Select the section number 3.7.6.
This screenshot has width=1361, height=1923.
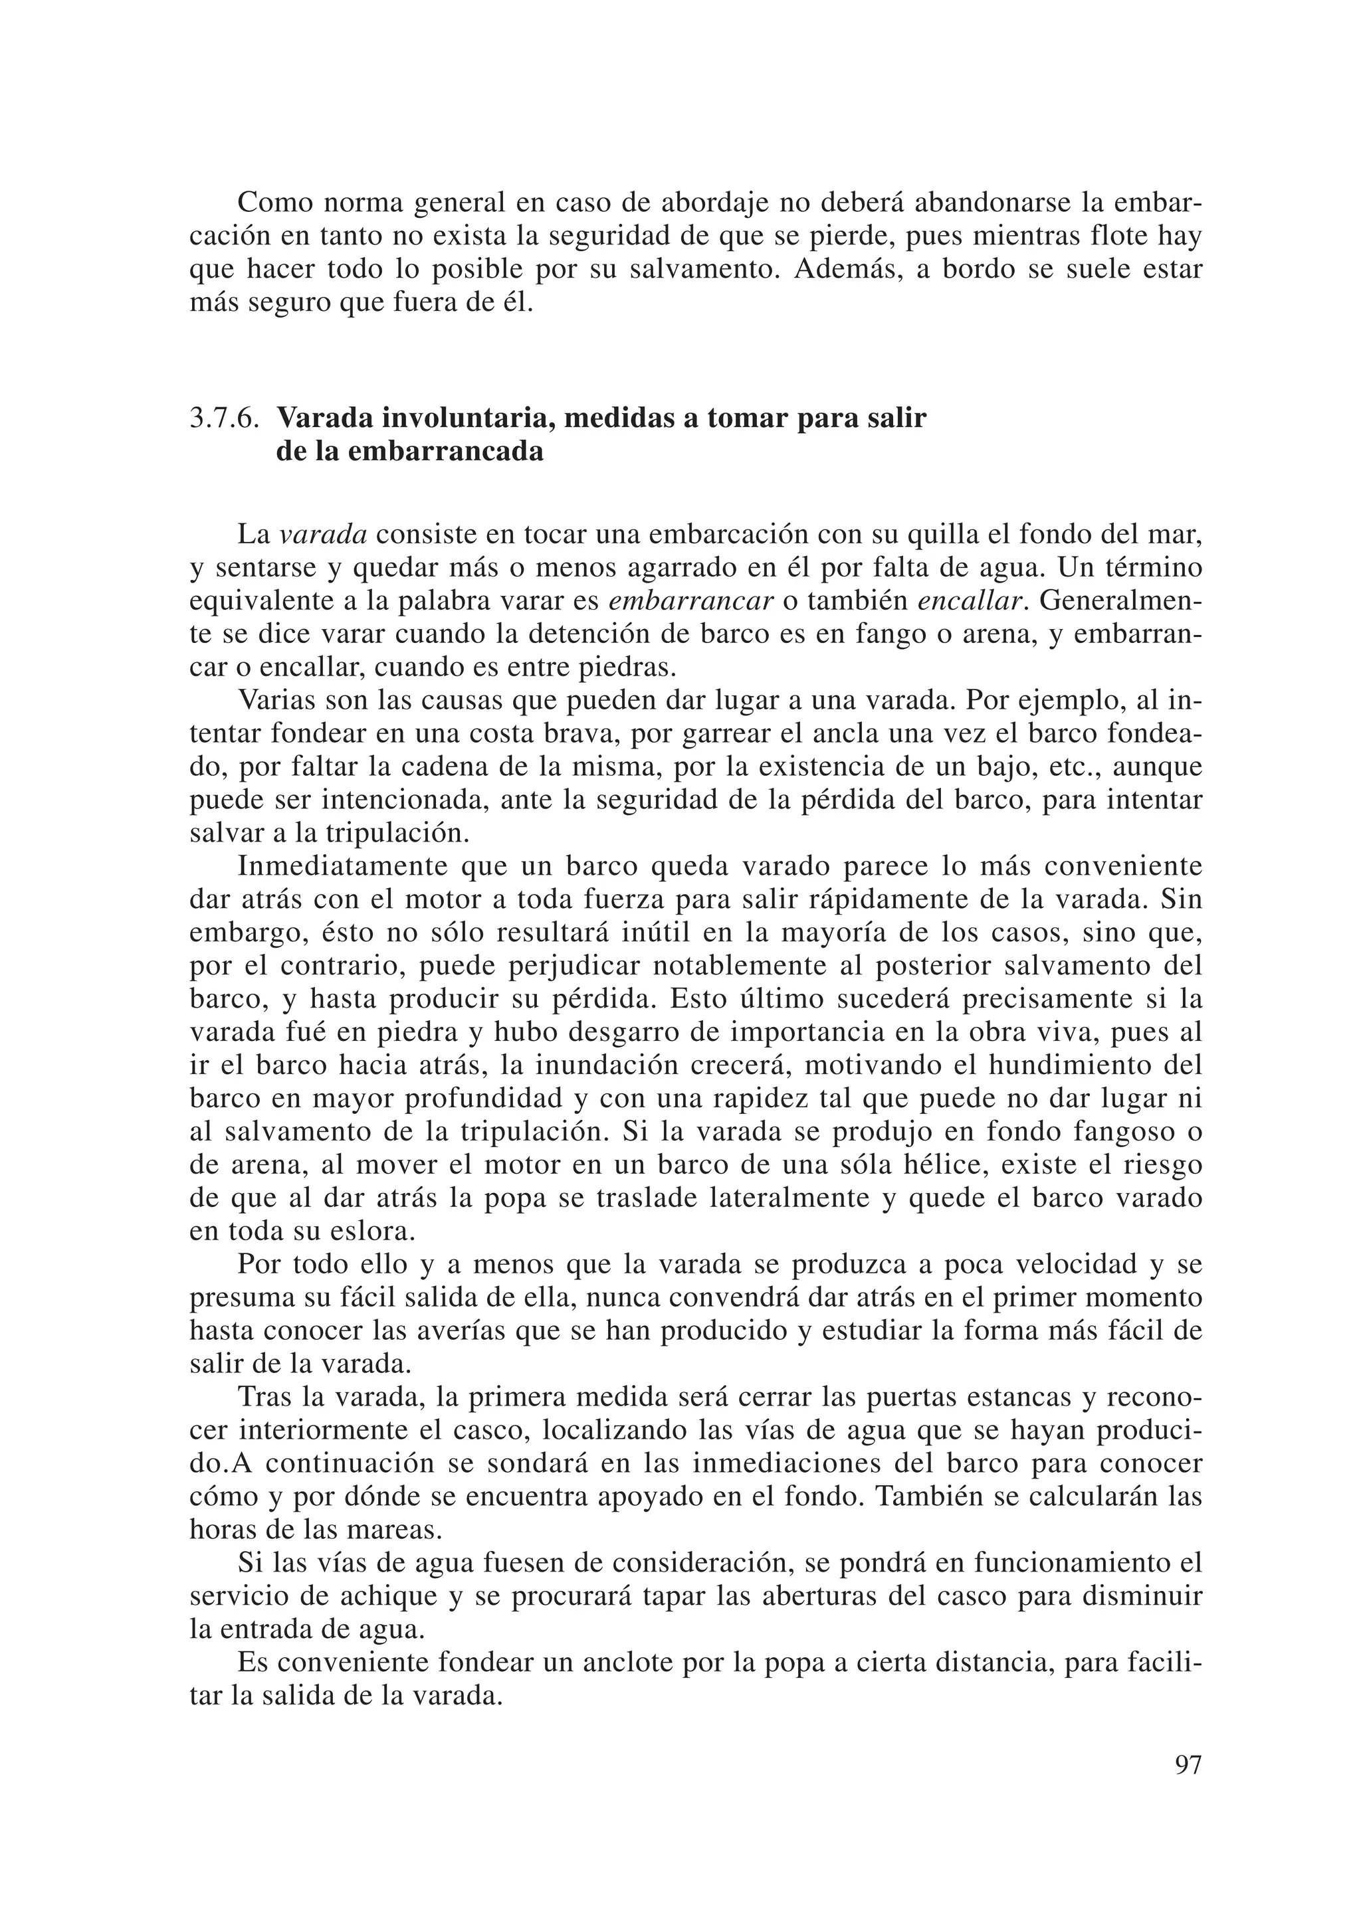point(224,417)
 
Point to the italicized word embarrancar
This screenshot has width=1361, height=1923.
point(690,600)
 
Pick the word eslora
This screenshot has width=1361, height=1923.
point(371,1232)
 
